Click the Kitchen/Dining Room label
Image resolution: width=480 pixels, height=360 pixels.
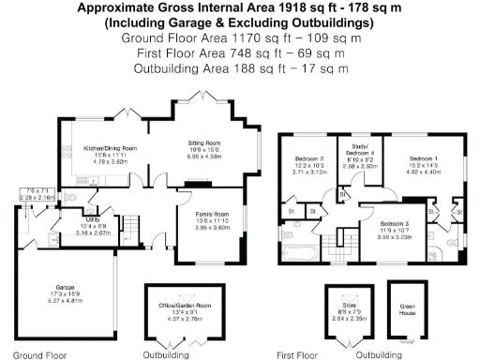112,148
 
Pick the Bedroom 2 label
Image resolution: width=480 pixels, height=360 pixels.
308,159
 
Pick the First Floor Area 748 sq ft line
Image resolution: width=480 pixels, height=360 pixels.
240,54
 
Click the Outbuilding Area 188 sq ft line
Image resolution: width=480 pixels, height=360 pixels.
240,69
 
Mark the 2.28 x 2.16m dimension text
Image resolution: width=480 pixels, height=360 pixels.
35,198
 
